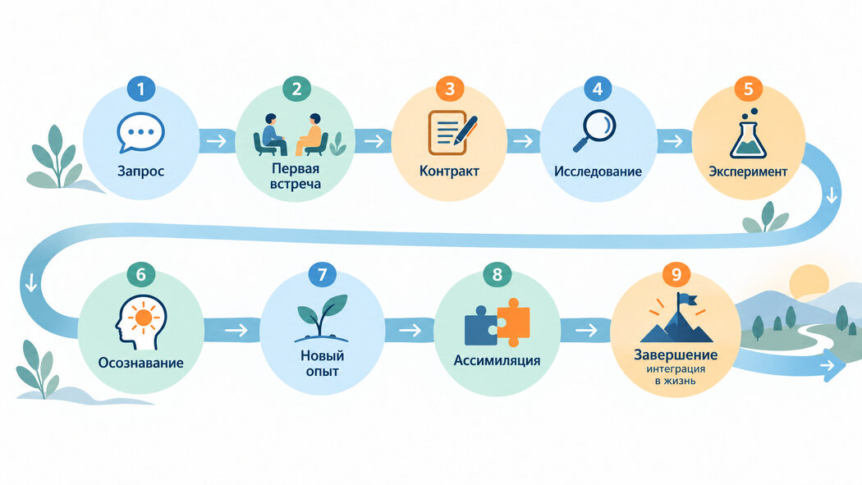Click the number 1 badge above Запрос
point(140,89)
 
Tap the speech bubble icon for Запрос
point(140,132)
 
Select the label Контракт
point(449,171)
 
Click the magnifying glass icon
point(594,130)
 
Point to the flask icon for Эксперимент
point(748,134)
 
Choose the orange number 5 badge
point(748,89)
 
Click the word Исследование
point(598,172)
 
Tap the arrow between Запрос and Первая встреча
point(217,141)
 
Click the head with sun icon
point(140,323)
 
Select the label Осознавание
point(140,363)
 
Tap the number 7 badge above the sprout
point(322,274)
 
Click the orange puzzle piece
point(513,323)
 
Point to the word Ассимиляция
point(497,360)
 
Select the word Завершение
point(676,355)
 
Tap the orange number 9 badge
point(676,274)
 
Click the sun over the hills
point(809,281)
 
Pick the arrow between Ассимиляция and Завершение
point(585,330)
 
